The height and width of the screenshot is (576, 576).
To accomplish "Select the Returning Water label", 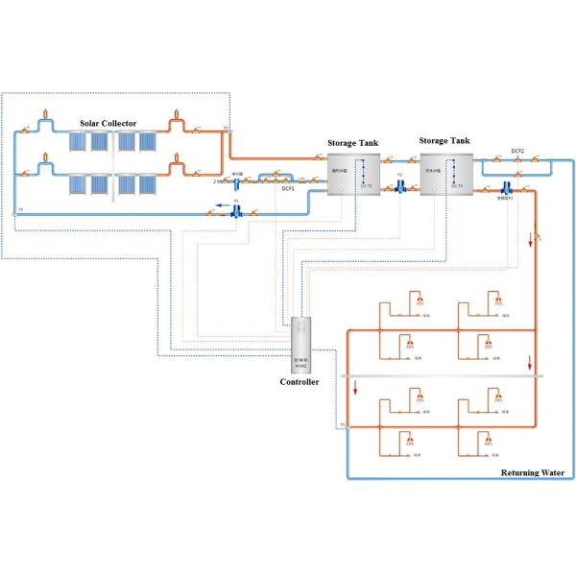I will [535, 471].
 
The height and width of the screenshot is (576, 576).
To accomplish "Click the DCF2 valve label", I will [517, 151].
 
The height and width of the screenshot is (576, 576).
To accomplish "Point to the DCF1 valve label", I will [287, 189].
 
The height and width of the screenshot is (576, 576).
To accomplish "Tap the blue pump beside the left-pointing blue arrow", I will [236, 213].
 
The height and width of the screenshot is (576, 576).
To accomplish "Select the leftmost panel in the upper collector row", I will [76, 142].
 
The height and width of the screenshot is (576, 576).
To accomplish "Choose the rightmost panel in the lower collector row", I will [148, 182].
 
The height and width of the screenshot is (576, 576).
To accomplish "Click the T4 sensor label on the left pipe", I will [20, 210].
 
